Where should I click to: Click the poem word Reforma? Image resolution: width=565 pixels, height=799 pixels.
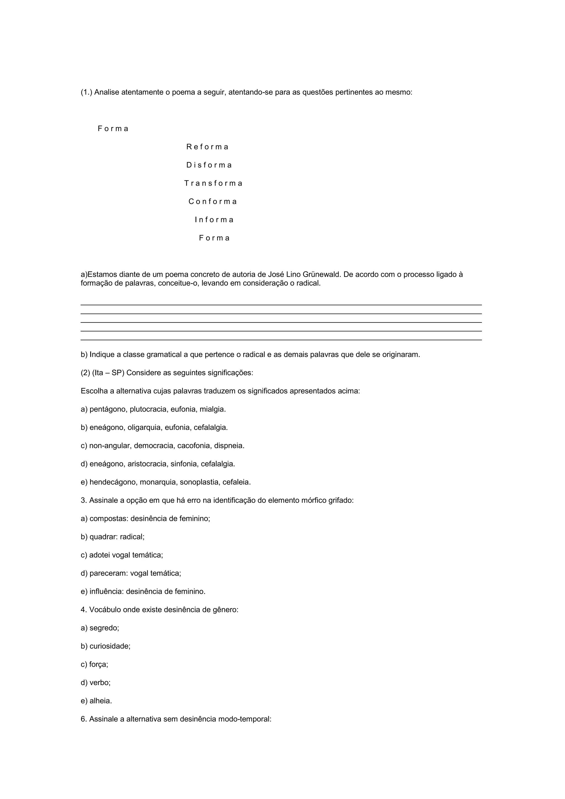click(x=207, y=147)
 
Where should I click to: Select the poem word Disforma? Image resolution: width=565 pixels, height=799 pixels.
click(x=209, y=165)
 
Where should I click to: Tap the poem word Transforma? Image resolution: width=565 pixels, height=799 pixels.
click(x=213, y=183)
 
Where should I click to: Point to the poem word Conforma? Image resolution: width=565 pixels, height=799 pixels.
click(x=213, y=201)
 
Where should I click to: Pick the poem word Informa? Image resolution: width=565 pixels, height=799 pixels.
click(x=214, y=220)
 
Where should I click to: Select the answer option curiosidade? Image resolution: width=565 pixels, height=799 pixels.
click(x=109, y=646)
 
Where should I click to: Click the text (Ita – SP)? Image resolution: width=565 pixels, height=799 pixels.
click(x=108, y=373)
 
